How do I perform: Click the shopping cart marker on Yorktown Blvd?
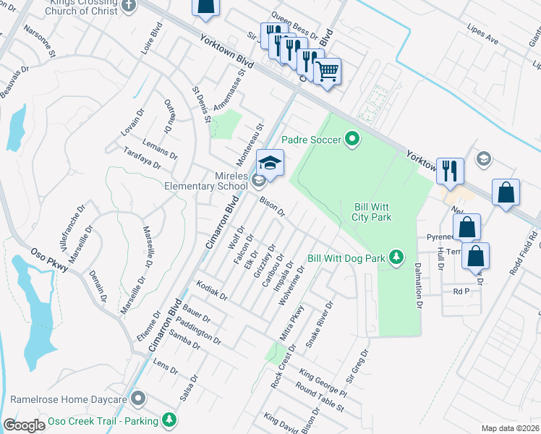[328, 72]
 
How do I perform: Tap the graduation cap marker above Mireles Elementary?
[270, 163]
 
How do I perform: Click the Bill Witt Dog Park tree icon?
[396, 257]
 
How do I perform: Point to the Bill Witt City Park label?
[372, 211]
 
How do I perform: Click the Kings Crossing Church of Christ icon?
[129, 6]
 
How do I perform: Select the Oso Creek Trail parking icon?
[169, 420]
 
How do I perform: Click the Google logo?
[24, 425]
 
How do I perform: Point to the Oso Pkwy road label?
[50, 261]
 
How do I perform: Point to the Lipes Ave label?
[483, 37]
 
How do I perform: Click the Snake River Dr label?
[319, 325]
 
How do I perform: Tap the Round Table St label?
[319, 399]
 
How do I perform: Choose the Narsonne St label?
[40, 41]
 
